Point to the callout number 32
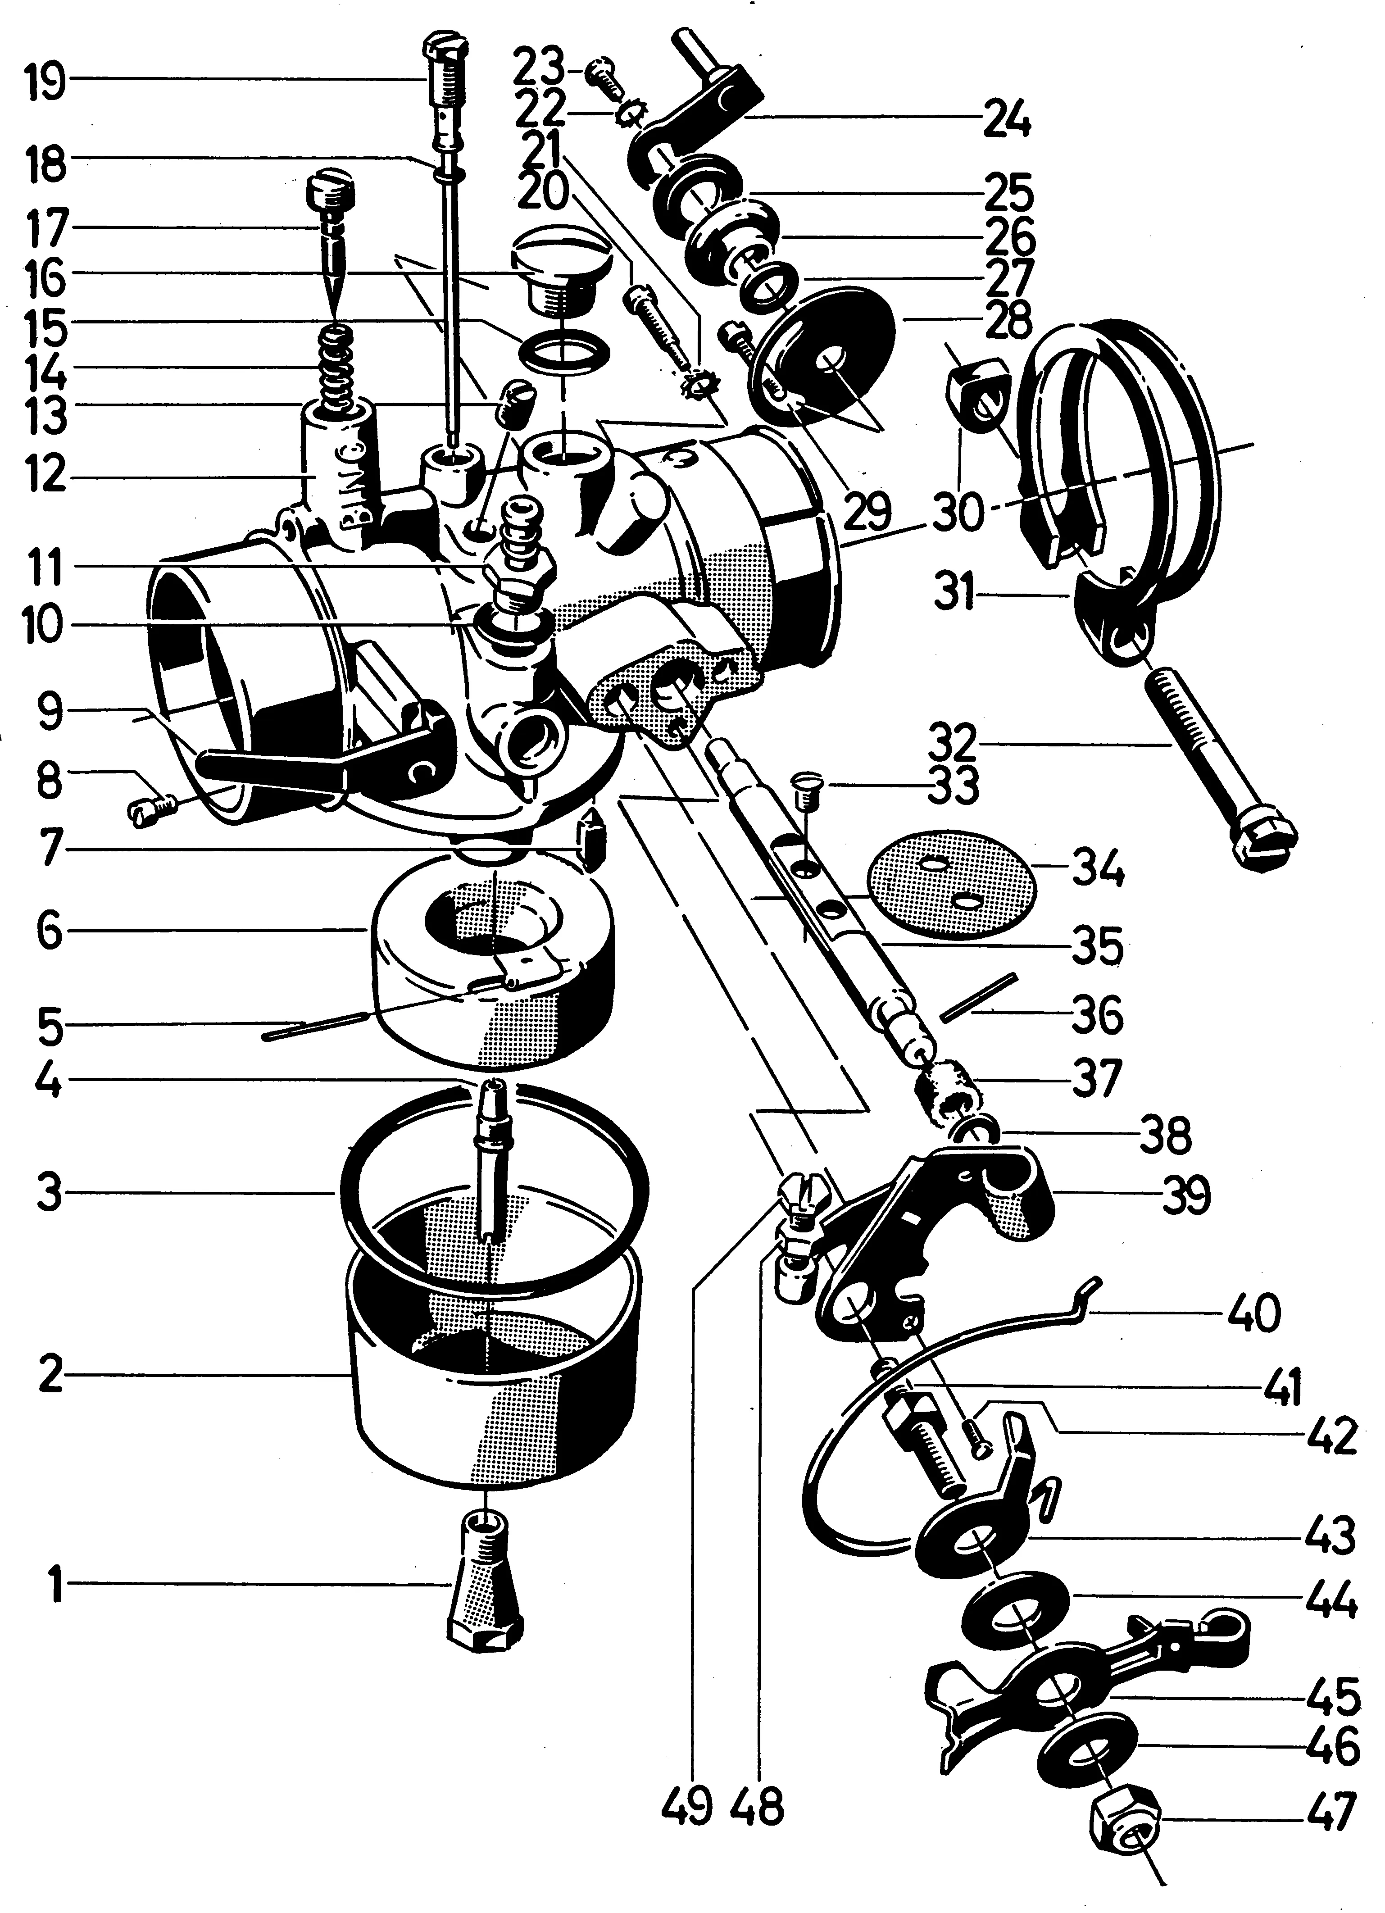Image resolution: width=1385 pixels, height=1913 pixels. (x=952, y=744)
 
